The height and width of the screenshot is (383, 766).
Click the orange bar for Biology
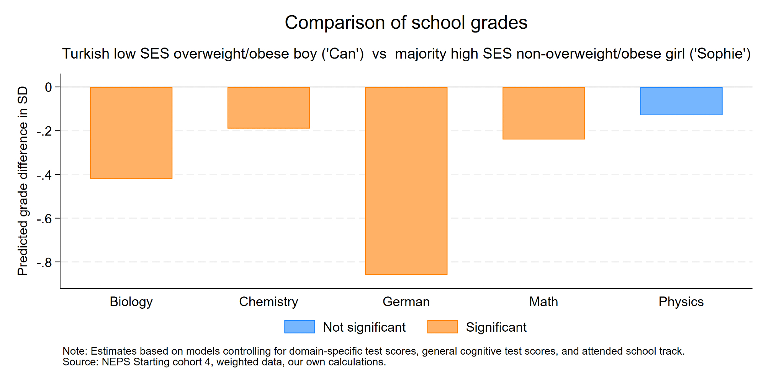coord(131,133)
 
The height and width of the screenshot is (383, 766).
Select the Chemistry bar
coord(268,108)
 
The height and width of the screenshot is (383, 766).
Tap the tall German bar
coord(406,181)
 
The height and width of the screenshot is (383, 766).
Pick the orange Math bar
coord(543,113)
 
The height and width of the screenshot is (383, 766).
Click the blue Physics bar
coord(681,101)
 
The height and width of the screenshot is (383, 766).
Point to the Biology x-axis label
coord(131,302)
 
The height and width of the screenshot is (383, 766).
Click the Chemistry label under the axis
coord(268,302)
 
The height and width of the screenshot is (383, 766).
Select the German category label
coord(406,302)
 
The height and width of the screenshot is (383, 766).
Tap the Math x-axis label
coord(543,302)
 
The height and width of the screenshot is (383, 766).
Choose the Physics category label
coord(681,302)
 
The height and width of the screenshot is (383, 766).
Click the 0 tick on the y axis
coord(48,87)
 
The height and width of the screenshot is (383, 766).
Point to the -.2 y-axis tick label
coord(44,131)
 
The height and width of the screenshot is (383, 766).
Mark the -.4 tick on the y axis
coord(44,175)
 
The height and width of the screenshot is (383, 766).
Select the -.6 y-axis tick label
coord(44,219)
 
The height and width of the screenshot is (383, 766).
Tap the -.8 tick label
coord(44,262)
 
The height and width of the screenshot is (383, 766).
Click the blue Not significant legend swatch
coord(300,327)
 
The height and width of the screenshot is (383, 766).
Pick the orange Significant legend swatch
coord(442,327)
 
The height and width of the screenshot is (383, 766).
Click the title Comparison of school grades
coord(406,23)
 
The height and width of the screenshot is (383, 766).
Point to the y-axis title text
coord(23,181)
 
